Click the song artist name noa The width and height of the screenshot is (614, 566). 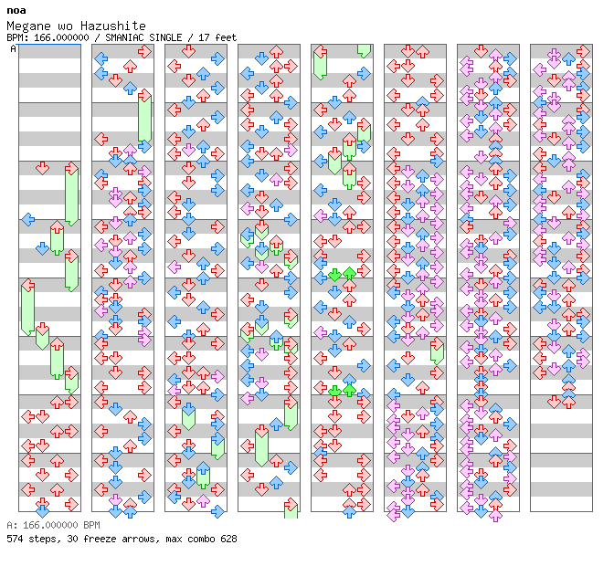[x=16, y=11]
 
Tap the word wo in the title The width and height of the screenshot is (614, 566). [x=65, y=26]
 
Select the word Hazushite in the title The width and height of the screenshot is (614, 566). [x=113, y=26]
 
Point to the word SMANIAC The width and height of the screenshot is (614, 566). [x=122, y=37]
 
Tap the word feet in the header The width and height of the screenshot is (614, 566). [x=226, y=37]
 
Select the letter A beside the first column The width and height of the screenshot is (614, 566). [x=13, y=48]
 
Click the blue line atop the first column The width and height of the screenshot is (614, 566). [x=49, y=45]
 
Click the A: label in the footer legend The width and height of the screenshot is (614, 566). [x=12, y=525]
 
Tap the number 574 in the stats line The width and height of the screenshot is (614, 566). [x=15, y=539]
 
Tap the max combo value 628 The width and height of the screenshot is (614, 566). [x=228, y=539]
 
